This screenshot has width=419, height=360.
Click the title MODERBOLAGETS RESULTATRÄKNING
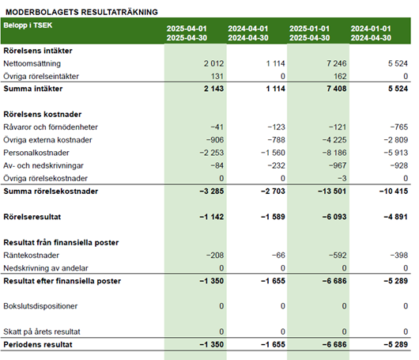click(81, 12)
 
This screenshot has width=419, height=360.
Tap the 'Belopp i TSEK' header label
click(28, 25)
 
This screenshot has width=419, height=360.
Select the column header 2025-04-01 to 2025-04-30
click(187, 33)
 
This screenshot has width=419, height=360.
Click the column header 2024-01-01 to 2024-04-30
click(371, 33)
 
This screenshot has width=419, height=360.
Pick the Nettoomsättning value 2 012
click(213, 63)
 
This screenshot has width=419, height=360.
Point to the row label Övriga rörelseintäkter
click(41, 76)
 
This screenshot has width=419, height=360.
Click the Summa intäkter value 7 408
click(337, 89)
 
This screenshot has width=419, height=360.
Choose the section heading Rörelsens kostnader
click(43, 114)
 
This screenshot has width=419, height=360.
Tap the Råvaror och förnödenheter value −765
click(399, 127)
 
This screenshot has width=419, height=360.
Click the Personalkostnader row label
click(36, 153)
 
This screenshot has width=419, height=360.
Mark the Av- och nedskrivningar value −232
click(277, 165)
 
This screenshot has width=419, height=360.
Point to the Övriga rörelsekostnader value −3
click(342, 178)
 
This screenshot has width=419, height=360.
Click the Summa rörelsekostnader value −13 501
click(332, 191)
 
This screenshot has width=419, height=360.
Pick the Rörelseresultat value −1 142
click(212, 217)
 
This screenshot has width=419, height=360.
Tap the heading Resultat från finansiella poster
click(61, 242)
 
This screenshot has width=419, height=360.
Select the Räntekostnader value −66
click(278, 255)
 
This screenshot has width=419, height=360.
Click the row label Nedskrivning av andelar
click(46, 268)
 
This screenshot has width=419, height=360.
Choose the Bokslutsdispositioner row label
click(40, 306)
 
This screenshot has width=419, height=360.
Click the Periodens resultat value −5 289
click(396, 344)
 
